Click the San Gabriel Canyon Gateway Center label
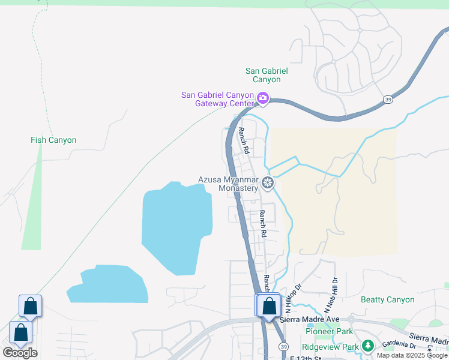217,99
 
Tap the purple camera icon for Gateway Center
262,98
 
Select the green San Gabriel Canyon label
267,75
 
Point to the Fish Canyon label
53,140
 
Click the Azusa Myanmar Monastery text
228,184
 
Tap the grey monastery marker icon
268,182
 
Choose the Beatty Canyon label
387,299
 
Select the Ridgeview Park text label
330,347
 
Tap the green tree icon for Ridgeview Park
367,346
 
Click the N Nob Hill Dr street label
331,294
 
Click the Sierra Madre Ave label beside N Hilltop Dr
310,319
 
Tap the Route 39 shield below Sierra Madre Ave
283,347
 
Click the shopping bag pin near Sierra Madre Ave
270,305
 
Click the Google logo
20,353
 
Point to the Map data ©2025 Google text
412,355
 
